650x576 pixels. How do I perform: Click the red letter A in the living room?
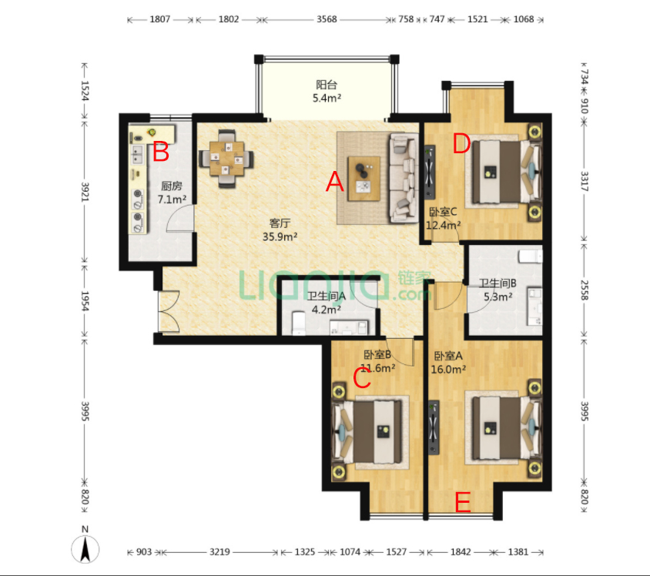(x=333, y=182)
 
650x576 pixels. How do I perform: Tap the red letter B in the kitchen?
(x=160, y=151)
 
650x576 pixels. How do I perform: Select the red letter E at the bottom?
(x=462, y=502)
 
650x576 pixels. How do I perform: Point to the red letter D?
(x=461, y=143)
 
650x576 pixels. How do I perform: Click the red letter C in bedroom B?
(x=362, y=377)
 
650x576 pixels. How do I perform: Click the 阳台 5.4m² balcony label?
(x=327, y=92)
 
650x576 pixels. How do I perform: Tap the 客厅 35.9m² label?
(x=279, y=230)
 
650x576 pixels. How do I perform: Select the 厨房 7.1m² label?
(x=172, y=193)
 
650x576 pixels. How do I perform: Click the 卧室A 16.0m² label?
(x=448, y=363)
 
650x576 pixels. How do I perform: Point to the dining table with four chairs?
(x=226, y=159)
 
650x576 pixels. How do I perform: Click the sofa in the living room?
(x=403, y=178)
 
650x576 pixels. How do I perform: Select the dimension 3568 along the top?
(x=327, y=18)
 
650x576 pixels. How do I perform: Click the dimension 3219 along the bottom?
(x=220, y=553)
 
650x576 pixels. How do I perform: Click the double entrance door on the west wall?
(x=168, y=311)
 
